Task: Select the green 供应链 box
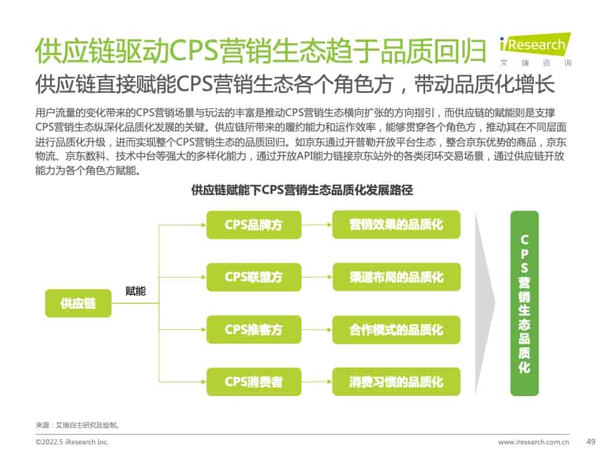click(78, 303)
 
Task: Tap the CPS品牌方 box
click(253, 224)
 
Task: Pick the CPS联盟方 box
click(253, 277)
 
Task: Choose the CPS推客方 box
click(253, 330)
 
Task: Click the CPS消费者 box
click(253, 382)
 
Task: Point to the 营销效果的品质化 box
click(396, 224)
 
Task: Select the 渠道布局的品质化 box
click(396, 277)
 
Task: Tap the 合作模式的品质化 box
click(396, 330)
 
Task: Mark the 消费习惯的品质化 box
click(396, 382)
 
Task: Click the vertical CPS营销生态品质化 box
click(524, 303)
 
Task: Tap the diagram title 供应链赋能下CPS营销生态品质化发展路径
click(301, 190)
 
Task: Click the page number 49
click(590, 441)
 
